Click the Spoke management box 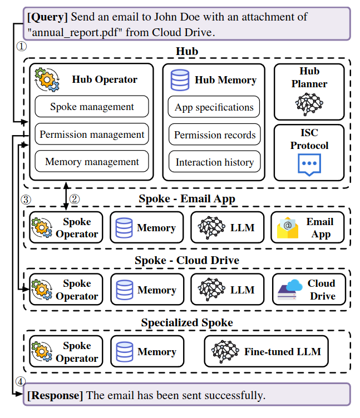(x=92, y=106)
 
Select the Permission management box (x=92, y=134)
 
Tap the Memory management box (x=92, y=162)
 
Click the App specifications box (x=214, y=107)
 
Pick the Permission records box (x=214, y=135)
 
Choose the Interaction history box (x=214, y=162)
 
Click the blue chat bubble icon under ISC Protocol (x=309, y=165)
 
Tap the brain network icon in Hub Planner (x=309, y=104)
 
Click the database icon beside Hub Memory (x=180, y=79)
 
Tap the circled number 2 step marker (x=75, y=198)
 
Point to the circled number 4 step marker (x=21, y=382)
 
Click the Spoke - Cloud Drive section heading (x=186, y=260)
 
